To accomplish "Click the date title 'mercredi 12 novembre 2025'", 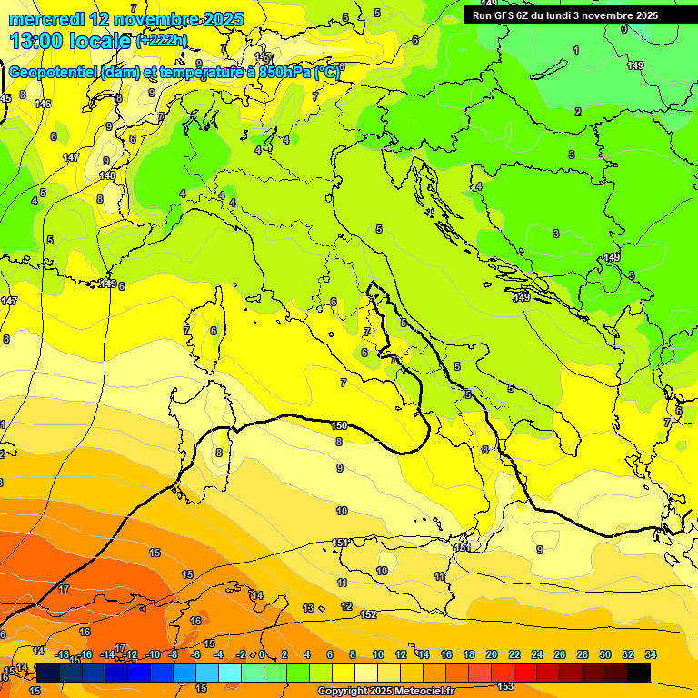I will click(126, 19).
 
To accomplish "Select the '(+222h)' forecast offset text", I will click(162, 41).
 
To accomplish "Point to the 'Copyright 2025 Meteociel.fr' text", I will click(385, 691).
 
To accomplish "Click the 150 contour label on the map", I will click(339, 425).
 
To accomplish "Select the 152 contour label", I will click(368, 615).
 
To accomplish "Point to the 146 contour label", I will click(43, 104).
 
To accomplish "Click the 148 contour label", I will click(107, 174).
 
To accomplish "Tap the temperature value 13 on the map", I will click(308, 608).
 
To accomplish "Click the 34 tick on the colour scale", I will click(651, 654).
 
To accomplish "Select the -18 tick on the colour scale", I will click(63, 654).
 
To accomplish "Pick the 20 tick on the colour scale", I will click(492, 654).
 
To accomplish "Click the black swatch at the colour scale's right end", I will click(639, 673).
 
